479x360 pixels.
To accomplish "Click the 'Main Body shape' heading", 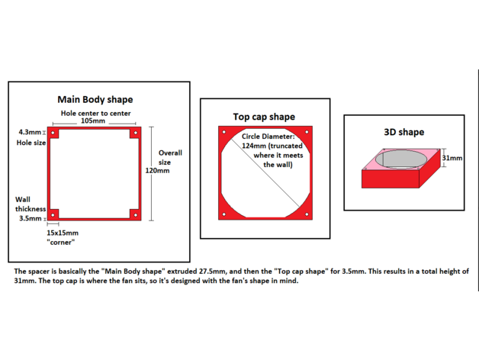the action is [95, 100].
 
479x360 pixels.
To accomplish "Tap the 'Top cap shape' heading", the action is [264, 117].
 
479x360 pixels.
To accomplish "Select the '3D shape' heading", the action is [403, 132].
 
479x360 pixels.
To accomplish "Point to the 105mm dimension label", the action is [93, 121].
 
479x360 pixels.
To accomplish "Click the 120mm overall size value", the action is [157, 171].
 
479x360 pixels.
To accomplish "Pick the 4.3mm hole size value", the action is [30, 132].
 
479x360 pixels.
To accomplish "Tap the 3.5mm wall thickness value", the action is [31, 218].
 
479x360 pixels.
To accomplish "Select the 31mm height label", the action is [452, 158].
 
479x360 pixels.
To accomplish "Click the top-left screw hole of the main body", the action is [53, 133].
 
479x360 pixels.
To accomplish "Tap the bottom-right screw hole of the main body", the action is [135, 215].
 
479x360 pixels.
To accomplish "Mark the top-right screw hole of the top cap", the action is [307, 132].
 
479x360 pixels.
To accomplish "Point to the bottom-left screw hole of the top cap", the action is [224, 214].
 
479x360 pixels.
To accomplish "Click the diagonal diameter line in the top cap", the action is [265, 173].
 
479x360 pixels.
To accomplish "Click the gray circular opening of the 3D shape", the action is [400, 159].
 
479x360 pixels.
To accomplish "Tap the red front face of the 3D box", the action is [390, 178].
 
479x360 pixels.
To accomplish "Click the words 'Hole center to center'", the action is [95, 114].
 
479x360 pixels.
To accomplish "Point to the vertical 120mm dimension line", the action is [152, 174].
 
